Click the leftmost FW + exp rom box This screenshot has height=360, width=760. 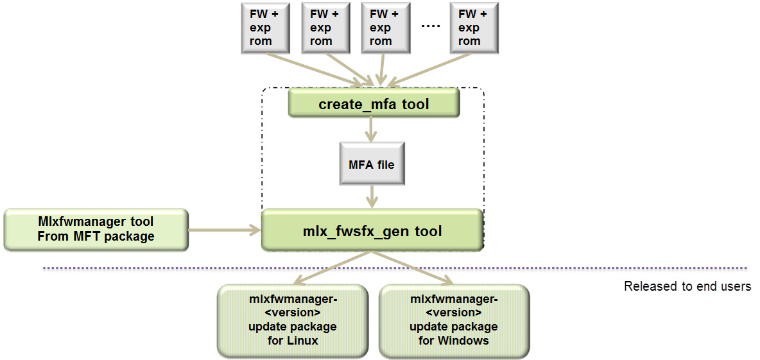click(x=261, y=28)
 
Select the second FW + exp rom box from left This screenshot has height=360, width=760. click(x=321, y=28)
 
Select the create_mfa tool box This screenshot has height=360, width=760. click(x=374, y=103)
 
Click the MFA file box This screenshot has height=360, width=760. click(x=372, y=165)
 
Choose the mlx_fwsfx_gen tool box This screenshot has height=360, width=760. click(x=372, y=230)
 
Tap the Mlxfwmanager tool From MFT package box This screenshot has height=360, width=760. click(x=96, y=229)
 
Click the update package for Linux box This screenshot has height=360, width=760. click(x=293, y=320)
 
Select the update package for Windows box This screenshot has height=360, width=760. click(x=454, y=320)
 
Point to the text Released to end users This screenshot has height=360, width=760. click(x=687, y=286)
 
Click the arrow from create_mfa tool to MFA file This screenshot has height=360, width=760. click(x=371, y=131)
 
